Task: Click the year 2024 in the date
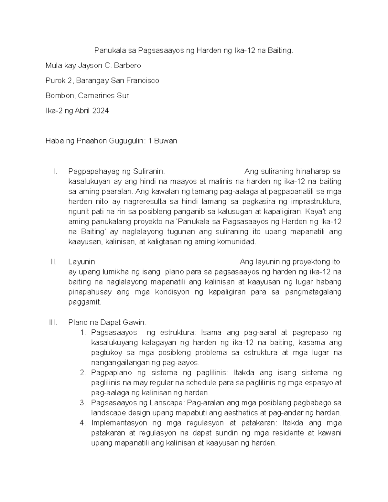tap(100, 111)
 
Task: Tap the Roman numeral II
tap(54, 262)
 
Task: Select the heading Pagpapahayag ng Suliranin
tap(117, 171)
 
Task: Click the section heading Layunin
tap(81, 262)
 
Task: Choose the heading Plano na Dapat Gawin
tap(107, 322)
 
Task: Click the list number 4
tap(82, 423)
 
